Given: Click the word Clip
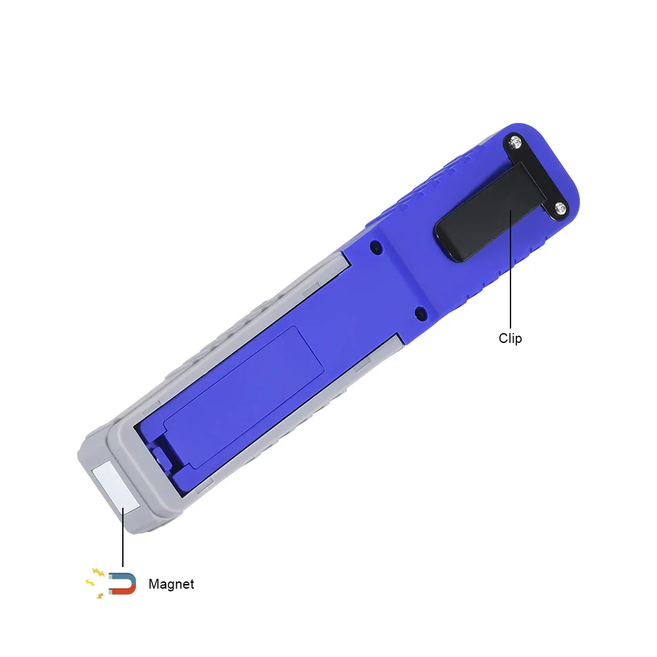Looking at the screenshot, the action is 510,338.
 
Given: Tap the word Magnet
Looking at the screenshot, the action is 171,584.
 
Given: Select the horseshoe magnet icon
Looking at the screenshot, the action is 123,583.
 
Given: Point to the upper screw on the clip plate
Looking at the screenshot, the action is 515,143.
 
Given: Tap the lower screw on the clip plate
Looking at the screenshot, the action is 560,208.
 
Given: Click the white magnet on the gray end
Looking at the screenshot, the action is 116,486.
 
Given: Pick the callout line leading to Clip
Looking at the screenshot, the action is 510,269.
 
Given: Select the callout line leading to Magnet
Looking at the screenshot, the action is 123,537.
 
